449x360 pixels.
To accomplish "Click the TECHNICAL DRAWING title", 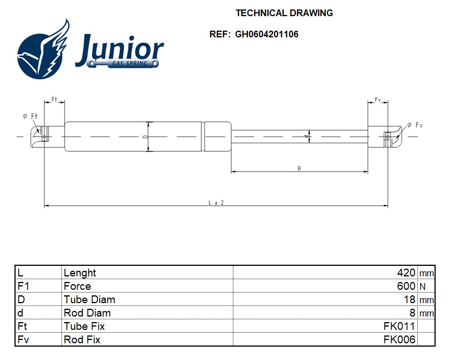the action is coord(284,13).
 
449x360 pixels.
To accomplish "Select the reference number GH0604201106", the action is coord(266,34).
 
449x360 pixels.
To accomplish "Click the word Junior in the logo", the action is coord(120,50).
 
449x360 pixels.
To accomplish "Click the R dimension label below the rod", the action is coord(299,168).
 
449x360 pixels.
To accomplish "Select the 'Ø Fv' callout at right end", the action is coord(414,125).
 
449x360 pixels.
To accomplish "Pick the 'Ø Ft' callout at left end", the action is coord(30,116).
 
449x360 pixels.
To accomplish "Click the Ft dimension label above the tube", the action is coord(55,99).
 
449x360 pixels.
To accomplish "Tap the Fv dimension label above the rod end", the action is coord(378,100).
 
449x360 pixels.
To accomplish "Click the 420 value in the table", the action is coord(406,273).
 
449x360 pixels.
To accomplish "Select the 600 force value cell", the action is coord(406,286).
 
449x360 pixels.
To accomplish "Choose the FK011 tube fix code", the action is coord(399,327).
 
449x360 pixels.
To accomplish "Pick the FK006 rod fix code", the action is coord(399,340).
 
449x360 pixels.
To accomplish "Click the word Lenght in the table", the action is coord(80,273).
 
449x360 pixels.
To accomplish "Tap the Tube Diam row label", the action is coord(89,300).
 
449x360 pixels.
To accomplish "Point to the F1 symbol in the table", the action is coord(23,286).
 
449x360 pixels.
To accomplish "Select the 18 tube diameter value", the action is coord(409,300).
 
